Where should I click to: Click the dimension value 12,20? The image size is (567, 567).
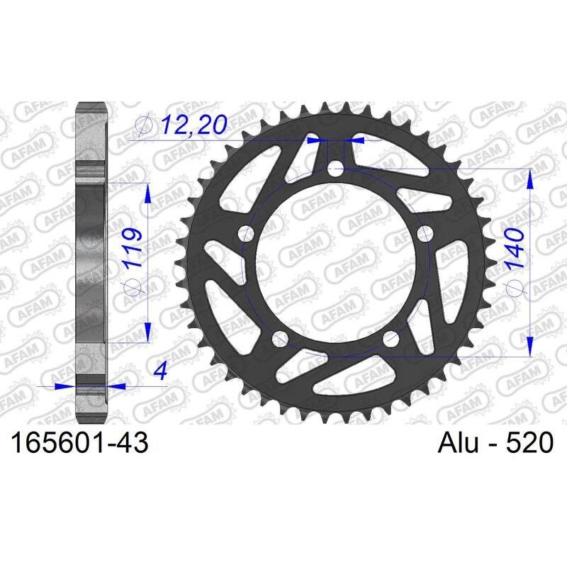[x=193, y=125]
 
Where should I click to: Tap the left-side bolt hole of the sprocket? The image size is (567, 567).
[x=247, y=233]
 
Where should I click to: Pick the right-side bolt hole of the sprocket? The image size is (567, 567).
[x=426, y=234]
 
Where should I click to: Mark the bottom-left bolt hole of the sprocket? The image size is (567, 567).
[x=281, y=338]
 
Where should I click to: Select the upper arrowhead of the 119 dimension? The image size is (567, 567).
[x=147, y=193]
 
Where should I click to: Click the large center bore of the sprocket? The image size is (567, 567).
[x=336, y=262]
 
